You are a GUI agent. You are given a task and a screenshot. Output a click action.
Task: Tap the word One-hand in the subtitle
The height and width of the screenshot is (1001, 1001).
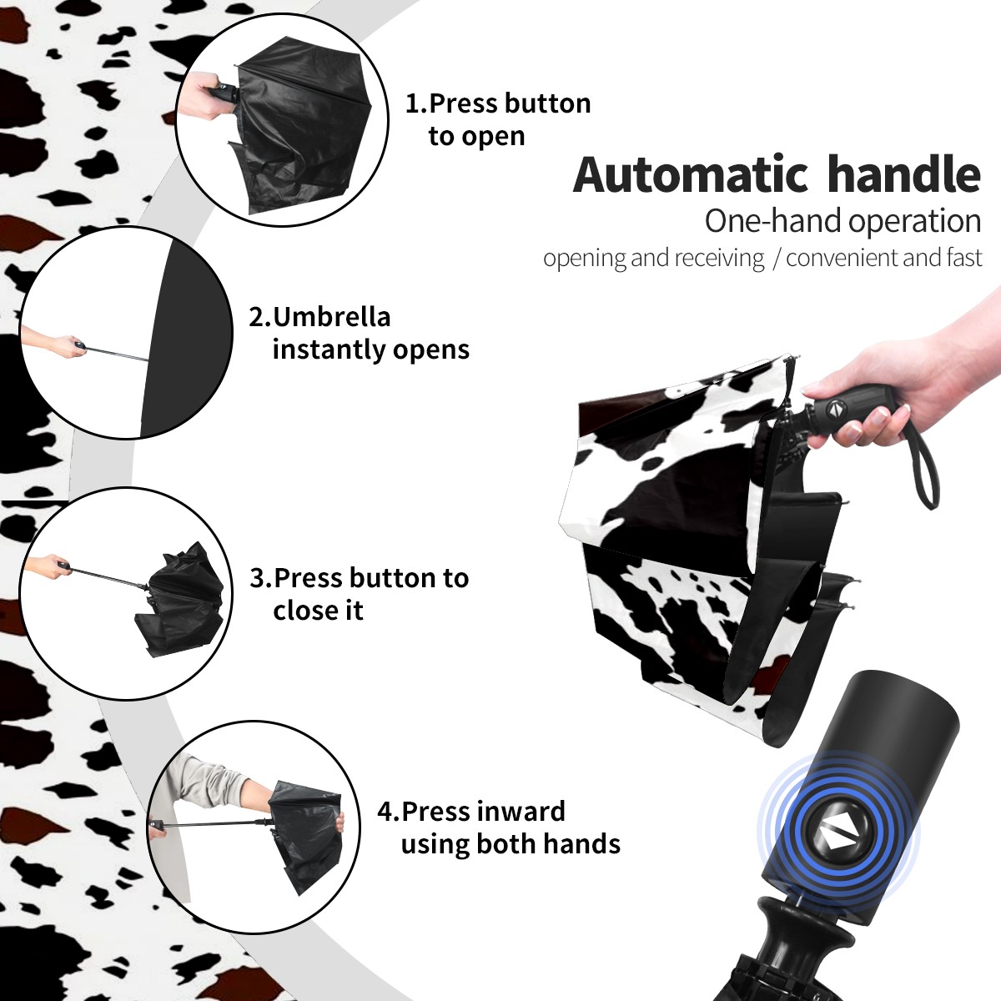pyautogui.click(x=774, y=221)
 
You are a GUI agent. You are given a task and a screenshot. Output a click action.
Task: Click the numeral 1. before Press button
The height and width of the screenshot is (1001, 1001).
pyautogui.click(x=415, y=103)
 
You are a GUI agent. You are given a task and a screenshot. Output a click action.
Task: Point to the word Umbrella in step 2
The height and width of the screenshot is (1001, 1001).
pyautogui.click(x=332, y=317)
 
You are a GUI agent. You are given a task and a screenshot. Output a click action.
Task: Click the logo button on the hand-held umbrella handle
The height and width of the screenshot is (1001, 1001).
pyautogui.click(x=835, y=409)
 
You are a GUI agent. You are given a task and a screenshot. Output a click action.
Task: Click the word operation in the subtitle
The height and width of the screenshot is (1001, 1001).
pyautogui.click(x=915, y=222)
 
